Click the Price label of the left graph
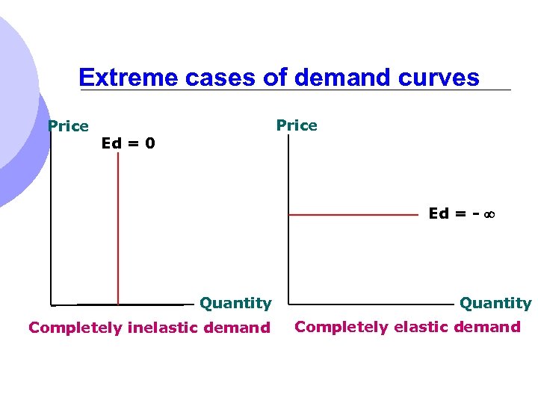tap(68, 126)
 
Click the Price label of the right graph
tap(297, 125)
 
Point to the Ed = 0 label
tap(129, 143)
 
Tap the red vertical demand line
tap(117, 224)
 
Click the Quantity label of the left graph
tap(235, 303)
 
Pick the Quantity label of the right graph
tap(495, 303)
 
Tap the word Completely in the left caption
tap(75, 327)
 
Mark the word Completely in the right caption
tap(342, 326)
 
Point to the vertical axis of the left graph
tap(52, 224)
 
